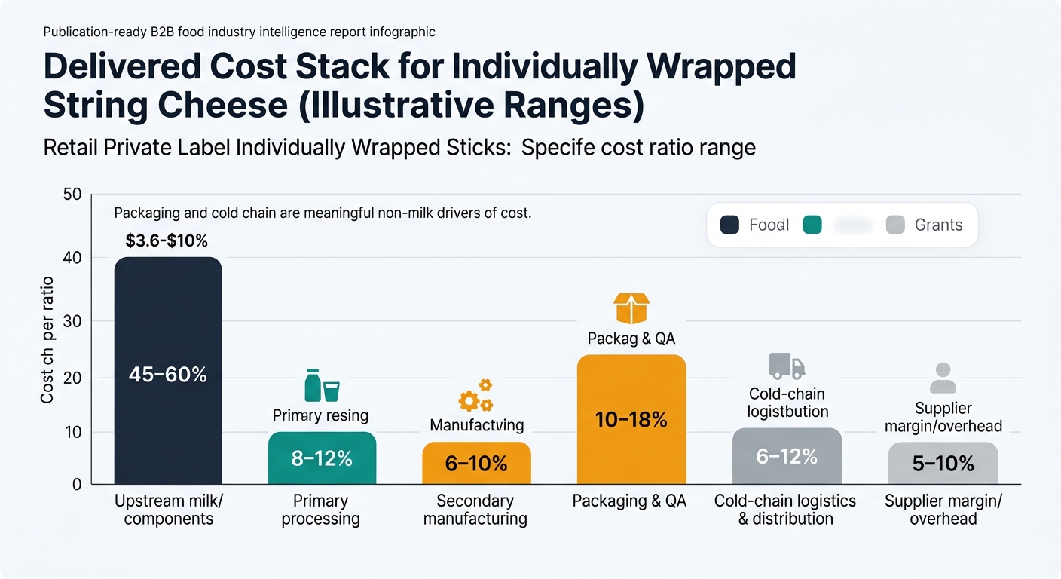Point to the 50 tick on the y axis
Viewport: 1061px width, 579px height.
[72, 195]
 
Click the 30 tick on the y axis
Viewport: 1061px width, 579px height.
[72, 322]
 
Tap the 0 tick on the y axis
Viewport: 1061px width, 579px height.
[76, 484]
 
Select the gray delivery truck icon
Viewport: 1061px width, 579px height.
[787, 366]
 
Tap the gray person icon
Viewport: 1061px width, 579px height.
[943, 378]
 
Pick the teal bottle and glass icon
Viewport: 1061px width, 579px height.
[322, 385]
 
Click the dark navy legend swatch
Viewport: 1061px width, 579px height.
[729, 225]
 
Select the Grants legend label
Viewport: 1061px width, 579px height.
[938, 225]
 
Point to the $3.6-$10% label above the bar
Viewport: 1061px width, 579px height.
[167, 241]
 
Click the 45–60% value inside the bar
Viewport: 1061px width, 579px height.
[167, 374]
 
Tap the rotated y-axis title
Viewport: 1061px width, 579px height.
[47, 339]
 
